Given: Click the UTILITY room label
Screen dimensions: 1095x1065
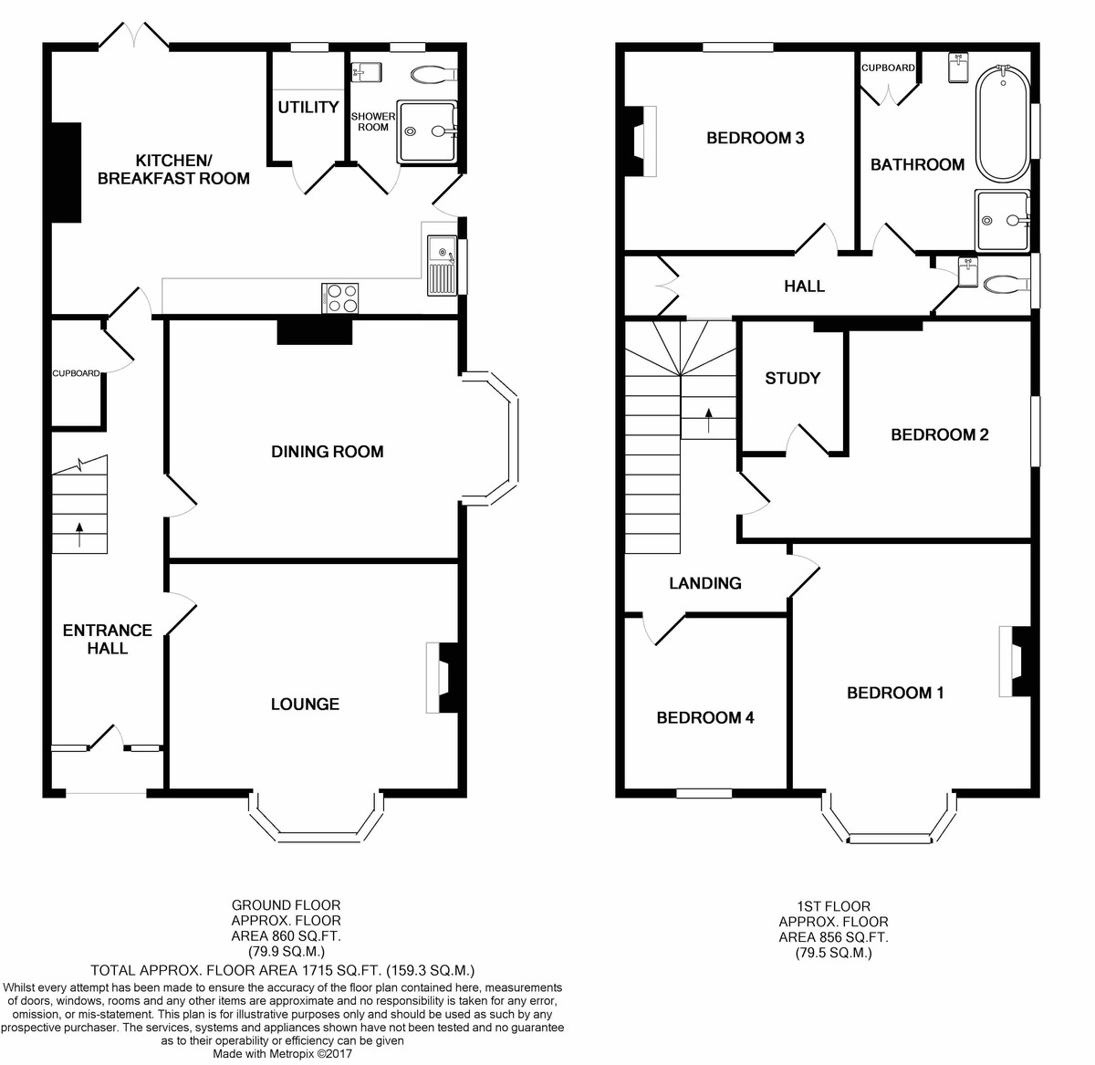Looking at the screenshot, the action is [x=308, y=107].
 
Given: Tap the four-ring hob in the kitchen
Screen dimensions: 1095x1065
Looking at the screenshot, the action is [x=339, y=298].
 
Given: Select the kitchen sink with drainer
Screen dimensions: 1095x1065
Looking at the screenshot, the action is [x=442, y=265].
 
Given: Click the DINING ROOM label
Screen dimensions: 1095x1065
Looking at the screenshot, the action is [x=328, y=452].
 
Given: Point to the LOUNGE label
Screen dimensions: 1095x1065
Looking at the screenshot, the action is [x=305, y=705].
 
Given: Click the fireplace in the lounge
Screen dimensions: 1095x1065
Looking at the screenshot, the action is [x=443, y=678].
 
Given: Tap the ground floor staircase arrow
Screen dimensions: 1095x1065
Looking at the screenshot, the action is [x=79, y=535].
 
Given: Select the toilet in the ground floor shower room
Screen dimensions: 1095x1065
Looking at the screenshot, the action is [x=433, y=74].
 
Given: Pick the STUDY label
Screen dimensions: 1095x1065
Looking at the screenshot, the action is [x=792, y=378].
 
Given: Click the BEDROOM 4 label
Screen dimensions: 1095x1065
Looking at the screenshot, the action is [x=705, y=717].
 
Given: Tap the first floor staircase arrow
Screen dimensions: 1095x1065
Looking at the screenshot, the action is [x=708, y=421].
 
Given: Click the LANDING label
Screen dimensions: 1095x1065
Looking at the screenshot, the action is [x=705, y=583].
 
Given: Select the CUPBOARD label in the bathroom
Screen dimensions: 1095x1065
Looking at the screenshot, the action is [x=888, y=68].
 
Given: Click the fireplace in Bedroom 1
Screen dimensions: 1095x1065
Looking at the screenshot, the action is [x=1015, y=662].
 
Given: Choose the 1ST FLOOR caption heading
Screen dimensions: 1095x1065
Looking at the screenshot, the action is [x=833, y=906].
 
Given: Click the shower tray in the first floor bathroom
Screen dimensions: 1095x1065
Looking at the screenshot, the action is [x=1003, y=220].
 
